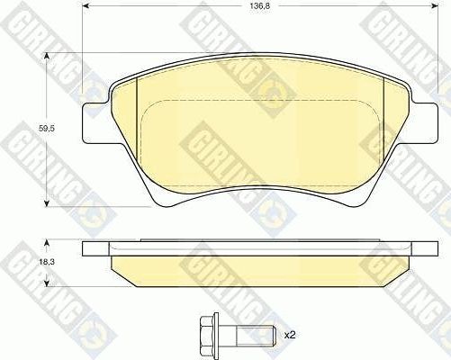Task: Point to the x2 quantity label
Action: [290, 335]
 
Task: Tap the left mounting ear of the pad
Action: [95, 124]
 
